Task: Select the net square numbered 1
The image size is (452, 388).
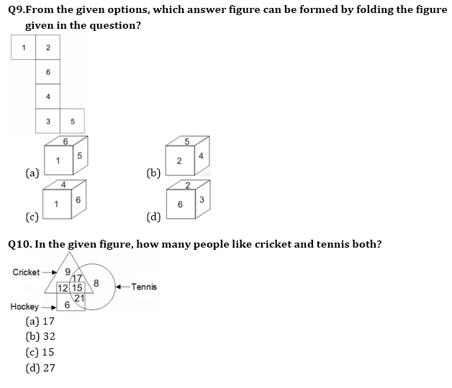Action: [23, 48]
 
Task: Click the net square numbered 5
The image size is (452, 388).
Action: [73, 121]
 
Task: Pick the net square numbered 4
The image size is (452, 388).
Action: [48, 96]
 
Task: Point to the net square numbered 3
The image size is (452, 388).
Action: [48, 121]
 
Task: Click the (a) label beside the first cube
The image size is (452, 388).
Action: [32, 173]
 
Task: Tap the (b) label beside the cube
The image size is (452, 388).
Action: [153, 173]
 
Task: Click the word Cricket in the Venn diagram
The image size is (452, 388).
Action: [26, 272]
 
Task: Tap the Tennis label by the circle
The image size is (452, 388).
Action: [144, 287]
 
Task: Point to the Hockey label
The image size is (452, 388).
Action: [24, 306]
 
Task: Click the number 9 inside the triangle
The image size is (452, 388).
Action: [68, 272]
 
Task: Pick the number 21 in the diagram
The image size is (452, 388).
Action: [79, 299]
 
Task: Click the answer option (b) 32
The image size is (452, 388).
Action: [40, 336]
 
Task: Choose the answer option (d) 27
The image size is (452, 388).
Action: [40, 368]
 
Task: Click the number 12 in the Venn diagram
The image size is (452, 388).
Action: [63, 288]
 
